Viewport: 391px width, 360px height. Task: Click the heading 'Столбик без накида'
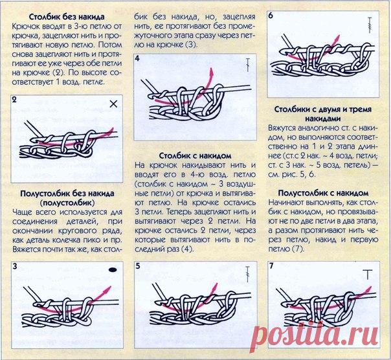pyautogui.click(x=67, y=17)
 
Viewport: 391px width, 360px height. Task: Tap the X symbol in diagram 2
pyautogui.click(x=113, y=104)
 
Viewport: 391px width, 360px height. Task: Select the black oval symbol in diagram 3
pyautogui.click(x=113, y=269)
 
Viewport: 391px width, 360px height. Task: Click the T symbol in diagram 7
pyautogui.click(x=368, y=275)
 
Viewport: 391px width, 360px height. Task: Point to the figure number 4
pyautogui.click(x=137, y=58)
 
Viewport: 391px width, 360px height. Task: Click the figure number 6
pyautogui.click(x=271, y=16)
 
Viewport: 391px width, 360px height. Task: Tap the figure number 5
pyautogui.click(x=138, y=266)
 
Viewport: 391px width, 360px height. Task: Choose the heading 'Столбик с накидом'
pyautogui.click(x=195, y=156)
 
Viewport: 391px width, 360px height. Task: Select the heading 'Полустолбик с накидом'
pyautogui.click(x=323, y=193)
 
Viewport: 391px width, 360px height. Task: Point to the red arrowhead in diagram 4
pyautogui.click(x=212, y=72)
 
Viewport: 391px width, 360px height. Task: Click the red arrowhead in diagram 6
pyautogui.click(x=338, y=39)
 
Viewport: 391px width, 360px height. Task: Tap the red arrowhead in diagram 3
pyautogui.click(x=108, y=289)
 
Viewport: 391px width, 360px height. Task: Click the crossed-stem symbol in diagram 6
pyautogui.click(x=370, y=25)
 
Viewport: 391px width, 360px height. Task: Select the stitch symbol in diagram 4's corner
pyautogui.click(x=248, y=65)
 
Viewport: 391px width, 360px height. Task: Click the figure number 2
pyautogui.click(x=14, y=100)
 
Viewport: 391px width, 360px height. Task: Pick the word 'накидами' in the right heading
pyautogui.click(x=323, y=118)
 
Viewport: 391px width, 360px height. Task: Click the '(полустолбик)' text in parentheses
pyautogui.click(x=67, y=203)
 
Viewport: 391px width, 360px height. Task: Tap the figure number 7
pyautogui.click(x=271, y=265)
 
